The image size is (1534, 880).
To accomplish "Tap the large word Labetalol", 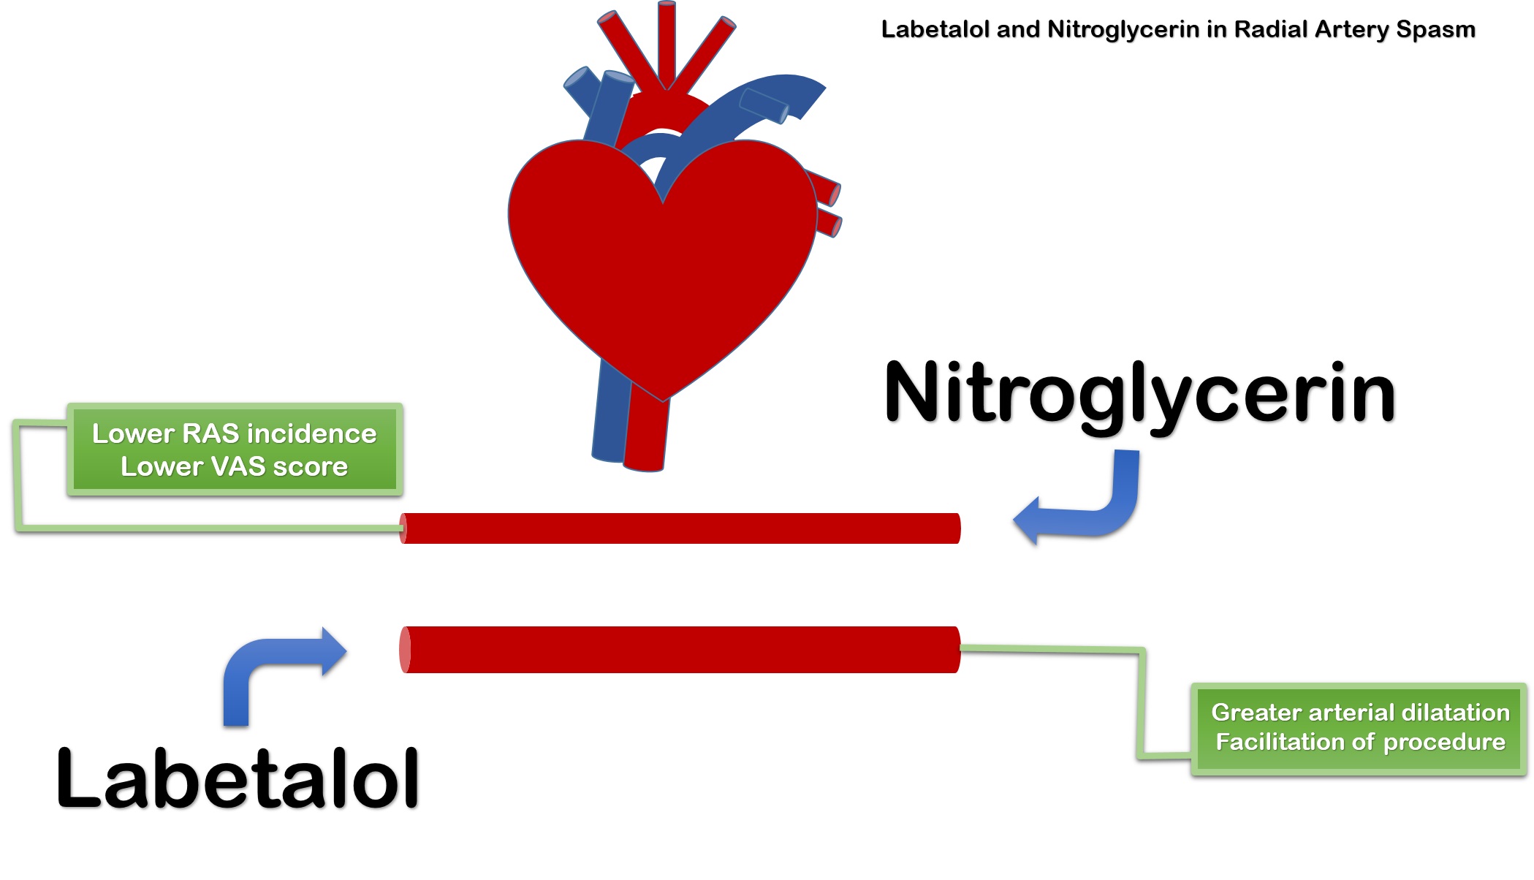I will (x=238, y=778).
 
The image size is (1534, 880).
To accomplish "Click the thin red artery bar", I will (x=680, y=528).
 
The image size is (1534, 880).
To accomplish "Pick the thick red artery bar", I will (x=680, y=650).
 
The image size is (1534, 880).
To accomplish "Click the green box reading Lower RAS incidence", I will (x=234, y=450).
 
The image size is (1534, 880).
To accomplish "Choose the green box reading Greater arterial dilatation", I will (x=1359, y=728).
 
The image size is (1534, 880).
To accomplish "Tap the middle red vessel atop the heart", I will (x=667, y=44).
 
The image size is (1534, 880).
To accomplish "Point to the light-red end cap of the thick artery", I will (x=405, y=650).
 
